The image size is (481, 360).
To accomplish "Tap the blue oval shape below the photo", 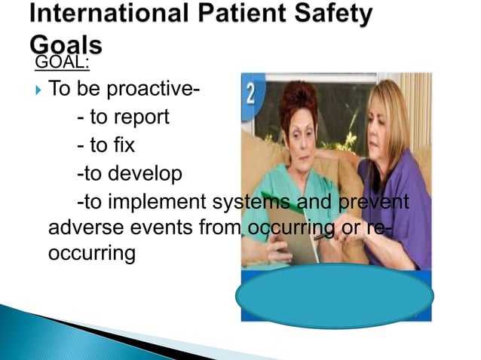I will click(x=334, y=295).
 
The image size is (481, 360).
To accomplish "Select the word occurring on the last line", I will click(x=91, y=254).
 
